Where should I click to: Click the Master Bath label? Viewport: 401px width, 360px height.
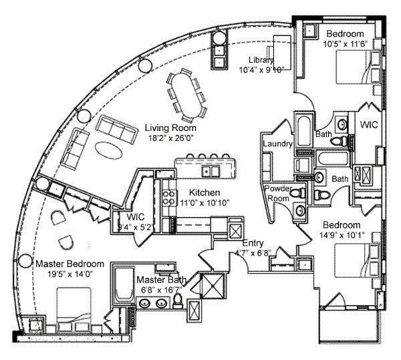pos(162,281)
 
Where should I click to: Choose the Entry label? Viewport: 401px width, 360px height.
pos(254,242)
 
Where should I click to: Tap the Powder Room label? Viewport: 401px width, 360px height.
pos(278,193)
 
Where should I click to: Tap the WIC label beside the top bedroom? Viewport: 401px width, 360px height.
pos(370,125)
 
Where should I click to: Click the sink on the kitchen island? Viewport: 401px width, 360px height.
pos(208,172)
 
